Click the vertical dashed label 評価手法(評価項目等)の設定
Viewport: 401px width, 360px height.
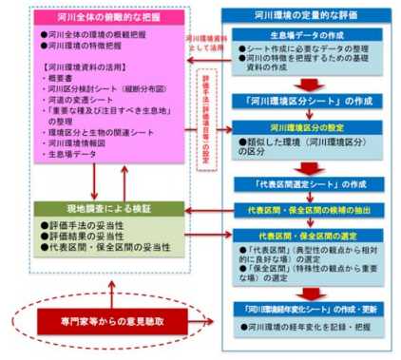[202, 113]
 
